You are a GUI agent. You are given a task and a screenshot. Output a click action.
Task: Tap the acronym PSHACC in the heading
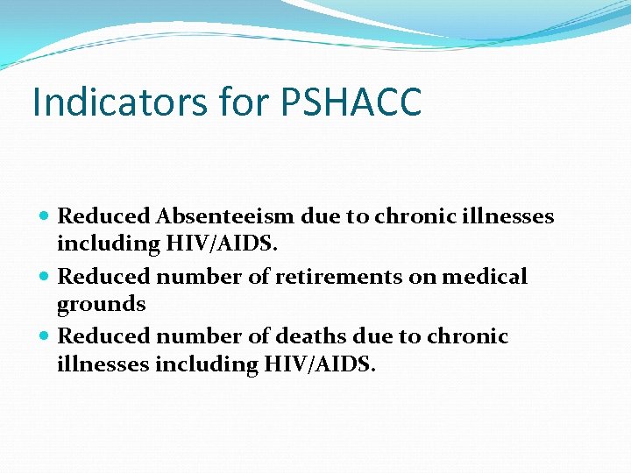pyautogui.click(x=351, y=102)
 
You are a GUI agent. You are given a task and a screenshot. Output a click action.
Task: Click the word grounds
pyautogui.click(x=101, y=305)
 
